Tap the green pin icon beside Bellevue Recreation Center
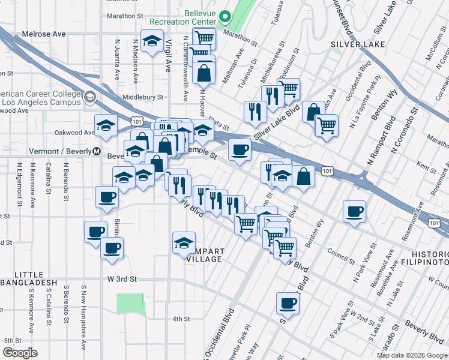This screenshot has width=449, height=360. [x=226, y=17]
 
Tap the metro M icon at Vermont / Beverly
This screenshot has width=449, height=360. [x=97, y=152]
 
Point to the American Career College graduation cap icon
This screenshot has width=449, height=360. [x=90, y=97]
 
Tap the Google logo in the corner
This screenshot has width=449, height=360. [x=19, y=352]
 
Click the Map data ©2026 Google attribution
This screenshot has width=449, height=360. [x=412, y=355]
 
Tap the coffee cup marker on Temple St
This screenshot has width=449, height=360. [x=240, y=149]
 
